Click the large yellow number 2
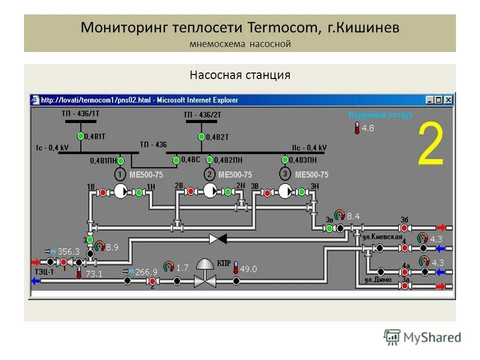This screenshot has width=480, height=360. (430, 144)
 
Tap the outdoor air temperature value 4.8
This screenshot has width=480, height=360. (368, 128)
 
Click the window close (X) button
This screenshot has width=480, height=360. (448, 99)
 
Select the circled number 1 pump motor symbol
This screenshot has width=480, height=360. (120, 174)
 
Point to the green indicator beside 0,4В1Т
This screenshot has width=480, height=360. (80, 136)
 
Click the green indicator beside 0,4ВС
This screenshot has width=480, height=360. (176, 160)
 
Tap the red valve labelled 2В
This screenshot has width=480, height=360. (190, 191)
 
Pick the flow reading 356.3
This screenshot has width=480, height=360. (68, 251)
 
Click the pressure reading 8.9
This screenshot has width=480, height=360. (111, 246)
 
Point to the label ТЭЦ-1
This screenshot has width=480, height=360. (44, 271)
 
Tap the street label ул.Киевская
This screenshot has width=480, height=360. (383, 236)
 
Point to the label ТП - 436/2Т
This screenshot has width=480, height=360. (201, 114)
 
